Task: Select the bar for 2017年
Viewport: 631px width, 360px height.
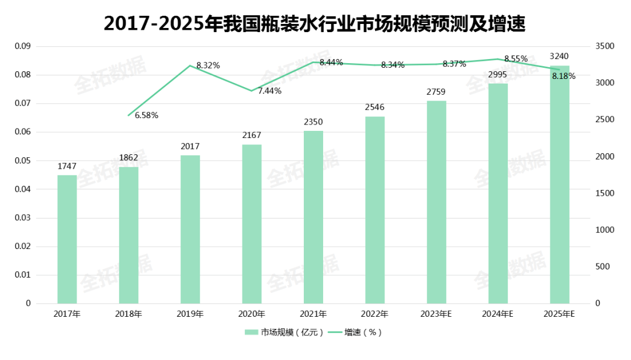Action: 67,239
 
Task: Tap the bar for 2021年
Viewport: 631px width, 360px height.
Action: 313,217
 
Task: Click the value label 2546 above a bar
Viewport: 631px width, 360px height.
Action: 375,108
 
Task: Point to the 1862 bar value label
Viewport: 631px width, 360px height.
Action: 129,158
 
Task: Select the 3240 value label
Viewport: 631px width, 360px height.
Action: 560,56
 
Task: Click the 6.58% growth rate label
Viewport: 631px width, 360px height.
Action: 147,115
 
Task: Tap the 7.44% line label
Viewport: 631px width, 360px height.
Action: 269,91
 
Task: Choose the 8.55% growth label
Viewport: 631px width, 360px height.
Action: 516,58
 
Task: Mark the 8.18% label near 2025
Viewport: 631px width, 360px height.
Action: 564,76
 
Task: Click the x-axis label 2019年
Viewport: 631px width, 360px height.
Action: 190,314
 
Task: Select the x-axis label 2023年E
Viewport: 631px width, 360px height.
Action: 436,314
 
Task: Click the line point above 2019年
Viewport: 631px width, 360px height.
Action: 190,65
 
